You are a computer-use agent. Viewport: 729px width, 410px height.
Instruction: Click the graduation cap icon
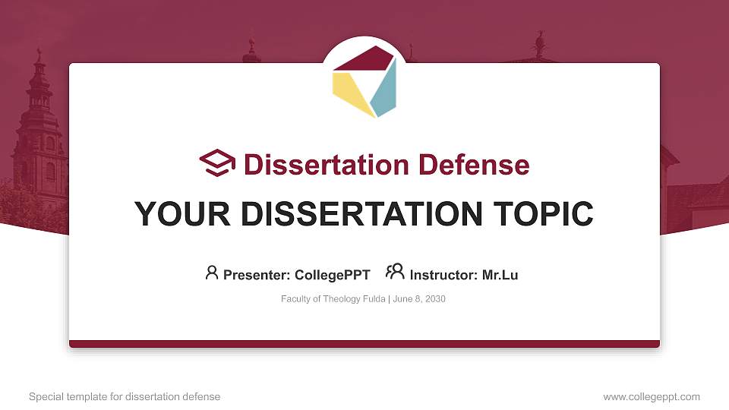point(217,163)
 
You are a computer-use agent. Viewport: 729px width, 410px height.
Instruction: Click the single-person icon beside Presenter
point(212,273)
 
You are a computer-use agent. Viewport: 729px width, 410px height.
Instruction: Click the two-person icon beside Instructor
point(395,272)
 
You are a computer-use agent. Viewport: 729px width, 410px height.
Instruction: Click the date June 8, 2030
point(419,299)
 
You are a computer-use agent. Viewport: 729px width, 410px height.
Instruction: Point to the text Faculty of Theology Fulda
point(333,299)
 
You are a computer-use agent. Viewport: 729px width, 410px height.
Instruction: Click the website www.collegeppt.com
point(652,396)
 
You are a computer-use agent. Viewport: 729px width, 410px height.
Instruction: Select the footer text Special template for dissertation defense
point(125,396)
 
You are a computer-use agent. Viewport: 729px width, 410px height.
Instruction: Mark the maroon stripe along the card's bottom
point(364,344)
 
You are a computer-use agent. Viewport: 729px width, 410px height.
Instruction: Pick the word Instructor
point(443,275)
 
